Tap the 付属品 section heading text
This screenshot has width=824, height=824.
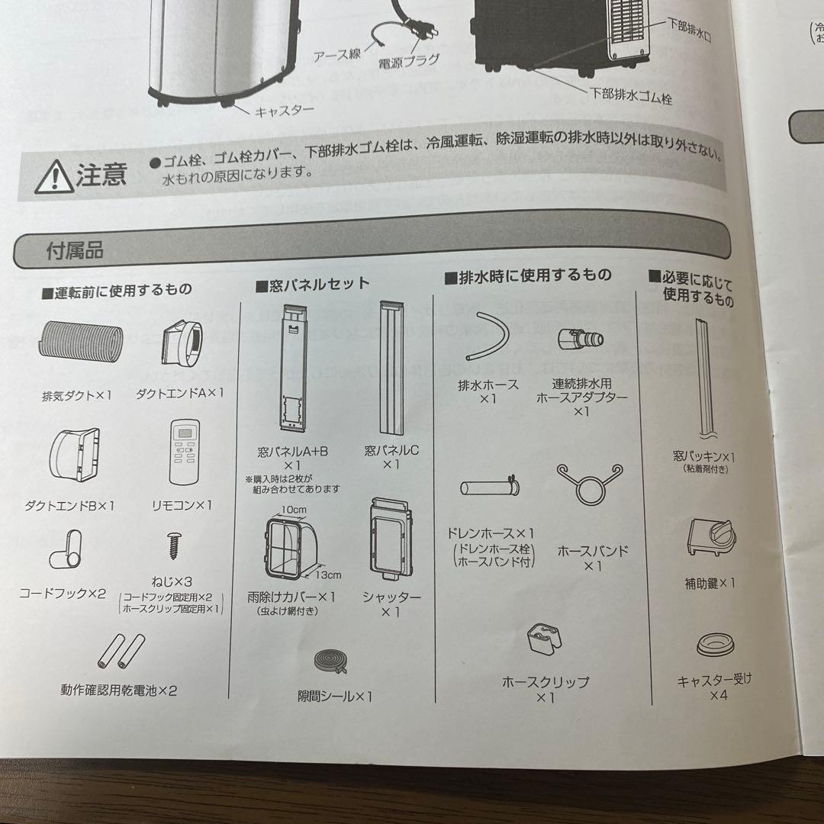pyautogui.click(x=75, y=250)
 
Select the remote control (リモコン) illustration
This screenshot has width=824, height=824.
pyautogui.click(x=185, y=452)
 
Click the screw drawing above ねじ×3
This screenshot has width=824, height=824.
pyautogui.click(x=173, y=546)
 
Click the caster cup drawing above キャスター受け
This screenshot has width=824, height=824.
pyautogui.click(x=715, y=644)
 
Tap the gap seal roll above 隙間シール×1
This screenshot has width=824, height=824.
pyautogui.click(x=330, y=661)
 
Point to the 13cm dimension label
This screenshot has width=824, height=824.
pyautogui.click(x=328, y=575)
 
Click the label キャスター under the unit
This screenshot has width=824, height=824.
pyautogui.click(x=285, y=111)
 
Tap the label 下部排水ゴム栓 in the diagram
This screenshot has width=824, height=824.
pyautogui.click(x=631, y=95)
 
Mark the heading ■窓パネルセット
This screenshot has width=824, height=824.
pyautogui.click(x=313, y=285)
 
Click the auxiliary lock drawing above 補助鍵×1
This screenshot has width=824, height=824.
pyautogui.click(x=712, y=538)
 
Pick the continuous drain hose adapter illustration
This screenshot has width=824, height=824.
pyautogui.click(x=581, y=339)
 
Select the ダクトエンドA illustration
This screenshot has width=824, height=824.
pyautogui.click(x=182, y=343)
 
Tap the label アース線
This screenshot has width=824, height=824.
pyautogui.click(x=337, y=55)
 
